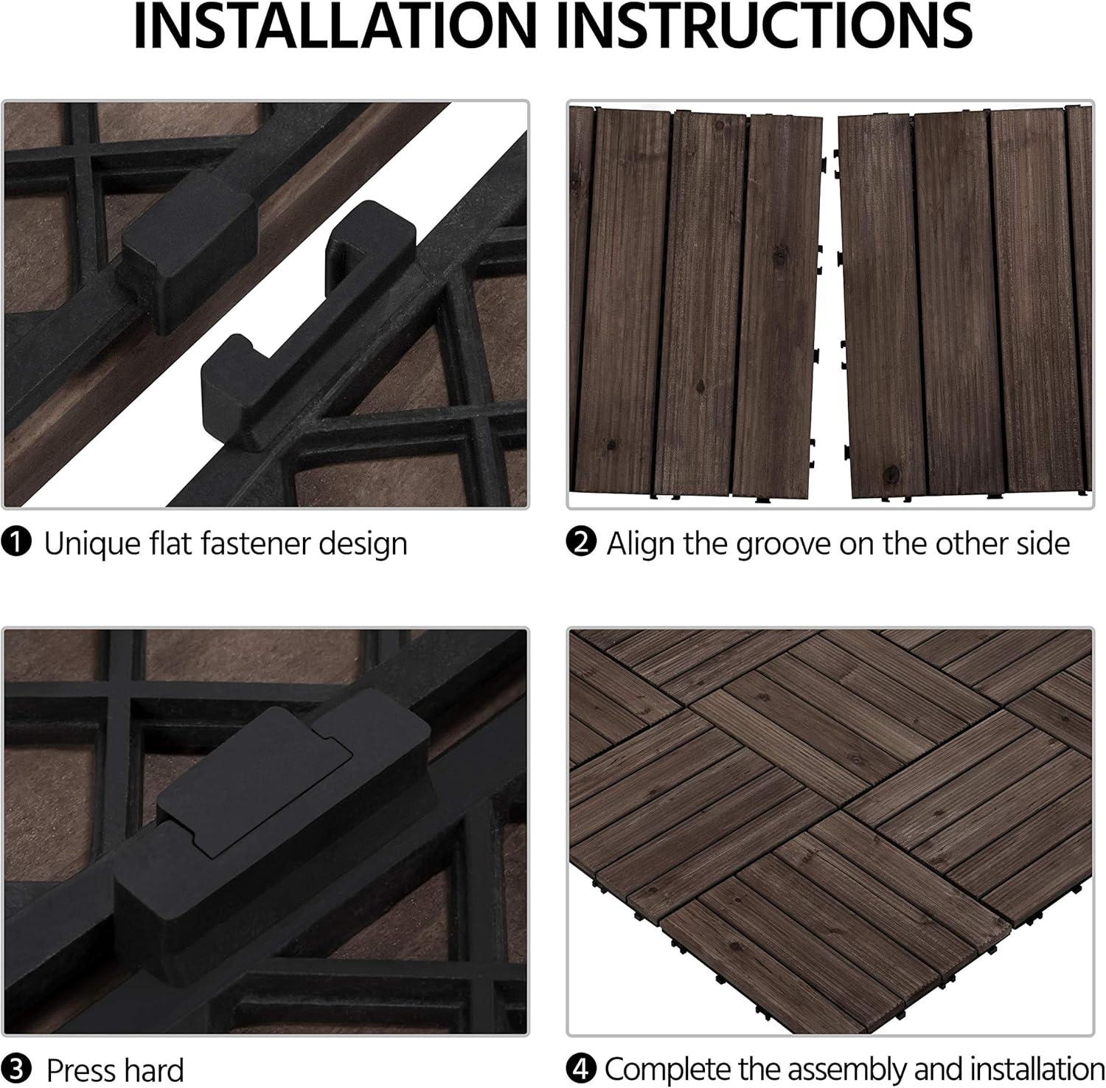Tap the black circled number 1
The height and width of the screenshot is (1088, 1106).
[x=16, y=544]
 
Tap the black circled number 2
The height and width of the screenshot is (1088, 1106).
[x=581, y=544]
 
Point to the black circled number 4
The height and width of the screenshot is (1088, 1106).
[x=581, y=1068]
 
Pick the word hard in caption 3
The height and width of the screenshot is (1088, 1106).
[x=150, y=1070]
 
